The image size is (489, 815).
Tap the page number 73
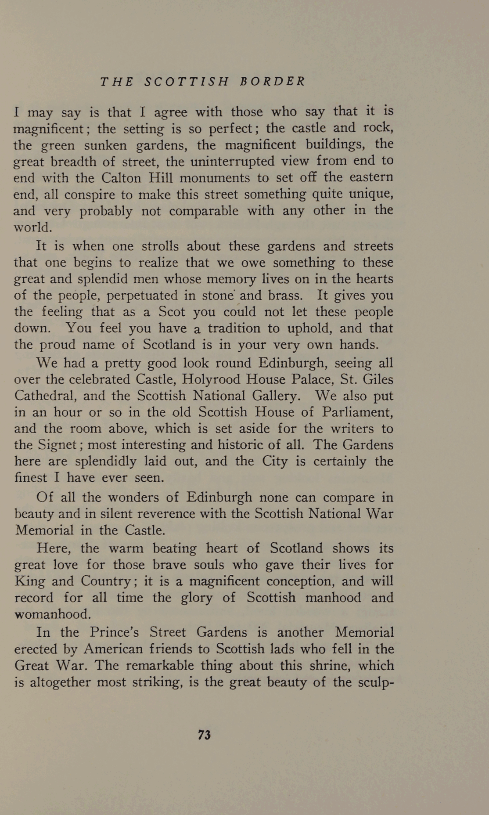205,735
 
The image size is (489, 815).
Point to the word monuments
215,178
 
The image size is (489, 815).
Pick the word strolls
161,246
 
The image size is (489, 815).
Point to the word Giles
378,379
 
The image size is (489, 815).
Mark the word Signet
58,445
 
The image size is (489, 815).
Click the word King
29,581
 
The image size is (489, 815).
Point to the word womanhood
53,614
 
